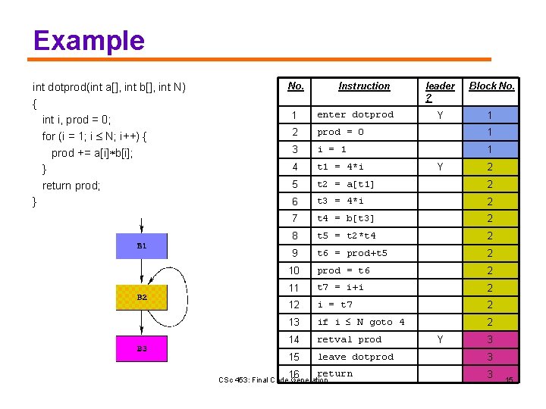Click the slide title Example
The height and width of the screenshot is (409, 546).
(x=89, y=40)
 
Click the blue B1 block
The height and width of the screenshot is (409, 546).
(x=142, y=246)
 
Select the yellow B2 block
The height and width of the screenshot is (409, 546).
(x=142, y=298)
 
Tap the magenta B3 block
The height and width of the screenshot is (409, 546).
(x=142, y=348)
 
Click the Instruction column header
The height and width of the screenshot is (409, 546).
(x=364, y=86)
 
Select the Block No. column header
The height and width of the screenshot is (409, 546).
(x=491, y=86)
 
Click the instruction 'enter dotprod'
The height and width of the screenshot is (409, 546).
(x=355, y=115)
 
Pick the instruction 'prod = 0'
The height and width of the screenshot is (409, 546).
(x=340, y=133)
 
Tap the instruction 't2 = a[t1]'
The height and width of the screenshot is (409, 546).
(x=346, y=184)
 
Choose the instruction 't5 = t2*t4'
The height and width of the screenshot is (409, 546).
(x=346, y=236)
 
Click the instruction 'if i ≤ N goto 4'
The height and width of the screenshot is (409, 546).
(x=360, y=322)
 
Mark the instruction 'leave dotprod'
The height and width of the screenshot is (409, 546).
(x=355, y=357)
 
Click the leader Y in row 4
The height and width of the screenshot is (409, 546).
(x=439, y=167)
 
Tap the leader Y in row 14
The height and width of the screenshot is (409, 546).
(x=439, y=339)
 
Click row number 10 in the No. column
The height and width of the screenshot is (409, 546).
(x=295, y=270)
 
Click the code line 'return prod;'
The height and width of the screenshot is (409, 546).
(x=71, y=186)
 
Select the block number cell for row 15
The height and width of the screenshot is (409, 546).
(x=490, y=357)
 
